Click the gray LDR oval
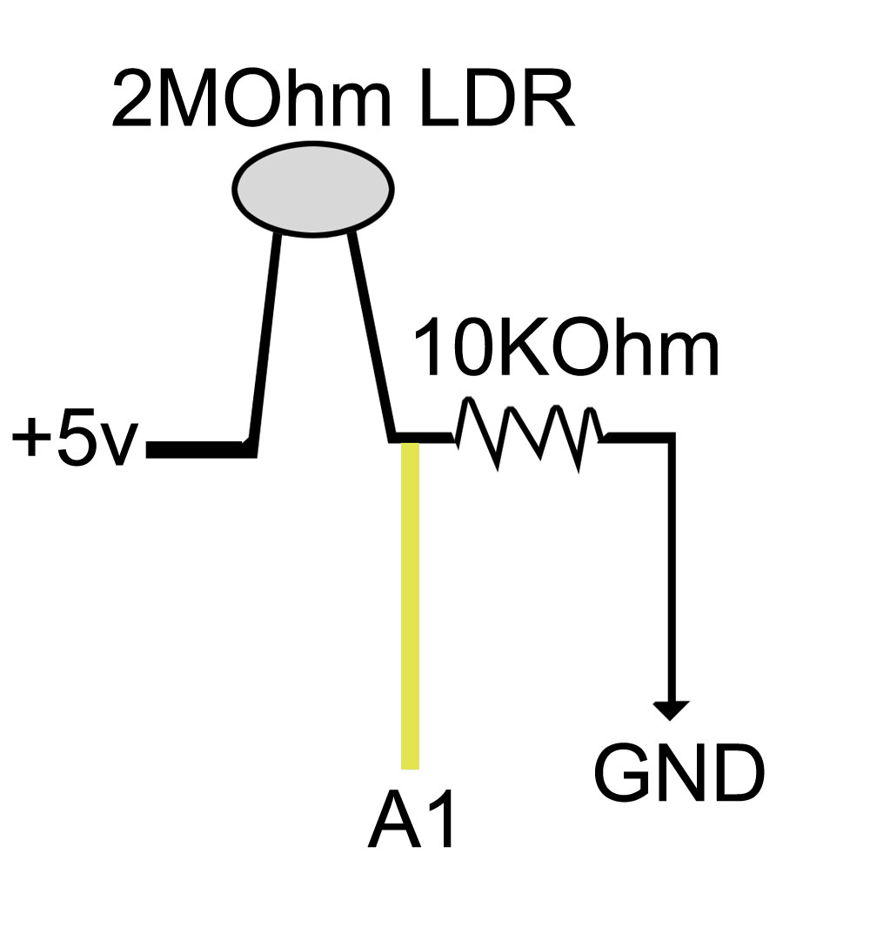(313, 189)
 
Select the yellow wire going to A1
(410, 606)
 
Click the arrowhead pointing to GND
(671, 710)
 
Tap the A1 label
(412, 820)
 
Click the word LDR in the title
(498, 97)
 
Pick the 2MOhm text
(251, 97)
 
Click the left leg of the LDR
(265, 342)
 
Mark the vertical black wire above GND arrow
(672, 567)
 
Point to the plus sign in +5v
(30, 438)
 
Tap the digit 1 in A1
(441, 820)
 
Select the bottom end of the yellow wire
(410, 769)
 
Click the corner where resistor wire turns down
(672, 437)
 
